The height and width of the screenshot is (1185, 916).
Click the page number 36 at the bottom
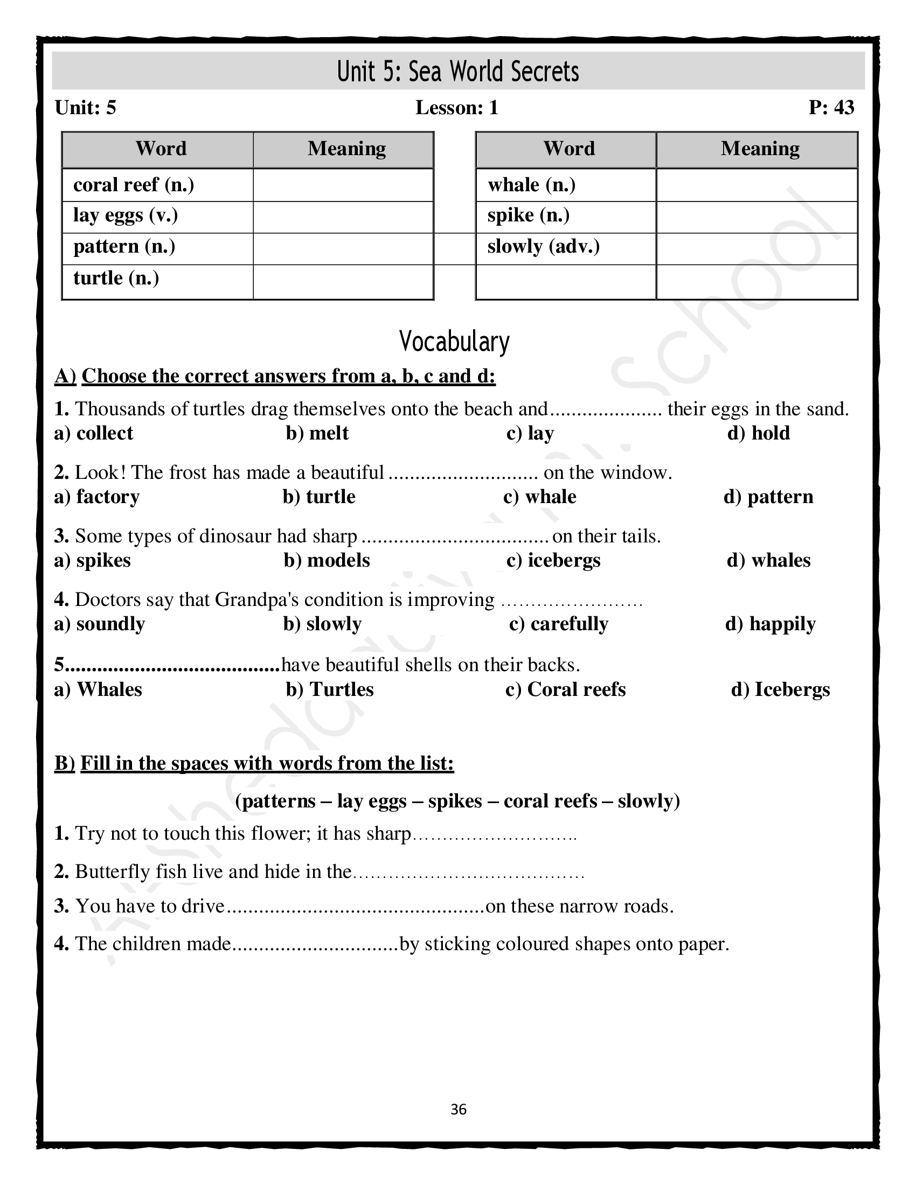459,1110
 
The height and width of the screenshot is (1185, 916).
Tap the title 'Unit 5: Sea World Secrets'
458,72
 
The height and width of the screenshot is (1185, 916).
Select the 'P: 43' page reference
831,107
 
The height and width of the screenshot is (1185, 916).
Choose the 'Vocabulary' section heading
454,341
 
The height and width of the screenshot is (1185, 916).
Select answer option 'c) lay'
530,433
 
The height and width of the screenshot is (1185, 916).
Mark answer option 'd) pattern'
768,497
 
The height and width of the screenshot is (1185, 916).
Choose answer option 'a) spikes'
93,560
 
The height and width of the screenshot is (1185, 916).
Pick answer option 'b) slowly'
322,624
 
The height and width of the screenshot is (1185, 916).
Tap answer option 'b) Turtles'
330,689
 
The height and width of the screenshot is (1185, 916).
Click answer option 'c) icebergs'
553,560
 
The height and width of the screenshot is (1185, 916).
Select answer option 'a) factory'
97,497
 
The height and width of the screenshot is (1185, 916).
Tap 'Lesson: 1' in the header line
457,107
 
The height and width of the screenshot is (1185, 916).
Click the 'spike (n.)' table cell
529,215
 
